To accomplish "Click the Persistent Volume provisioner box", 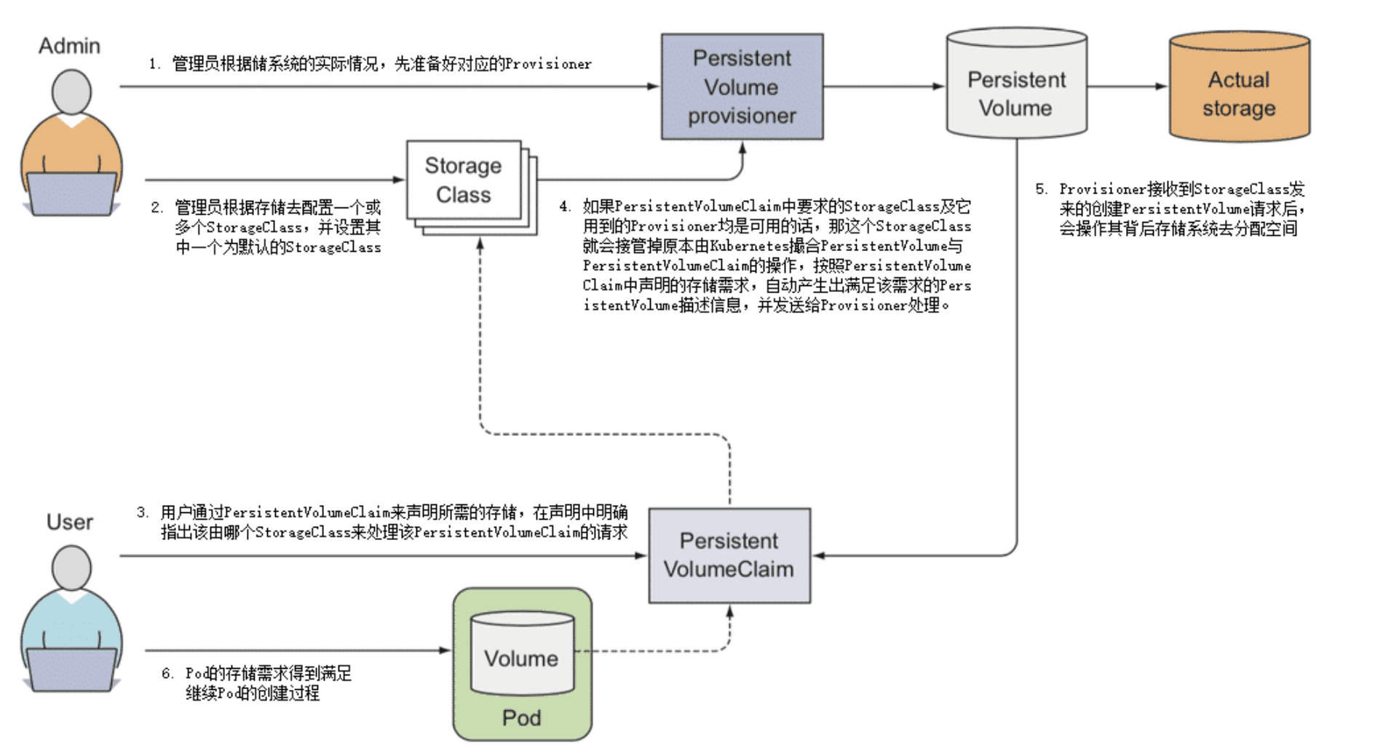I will click(x=742, y=87).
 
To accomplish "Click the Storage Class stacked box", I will click(x=464, y=180).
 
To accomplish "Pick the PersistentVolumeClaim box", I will click(x=729, y=555).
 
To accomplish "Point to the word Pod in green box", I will click(x=522, y=718).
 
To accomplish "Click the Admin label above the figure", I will click(x=69, y=46).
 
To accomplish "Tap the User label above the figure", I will click(x=69, y=522).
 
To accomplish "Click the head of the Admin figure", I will click(x=71, y=92).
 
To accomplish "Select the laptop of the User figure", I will click(x=71, y=668).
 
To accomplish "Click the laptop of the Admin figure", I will click(x=71, y=193).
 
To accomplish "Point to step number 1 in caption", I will click(x=154, y=64).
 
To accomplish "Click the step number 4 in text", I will click(x=565, y=207).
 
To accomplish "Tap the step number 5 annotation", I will click(x=1042, y=189).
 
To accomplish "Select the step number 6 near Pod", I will click(x=167, y=674).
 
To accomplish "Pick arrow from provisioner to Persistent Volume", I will click(x=884, y=87).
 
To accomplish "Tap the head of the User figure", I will click(x=71, y=568).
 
